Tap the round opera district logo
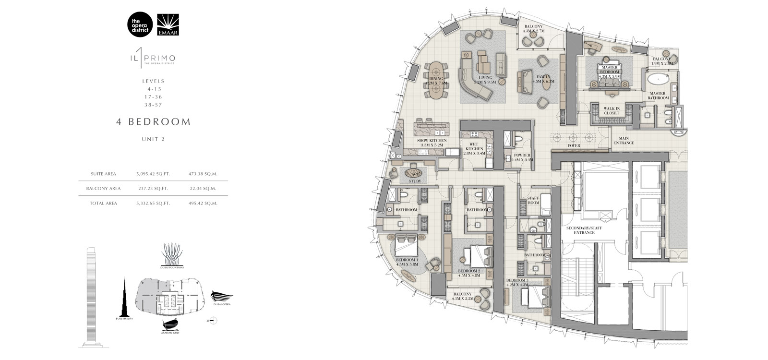point(140,24)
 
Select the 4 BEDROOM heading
point(153,122)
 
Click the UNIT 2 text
point(153,139)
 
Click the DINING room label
point(436,81)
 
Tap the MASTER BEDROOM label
point(610,72)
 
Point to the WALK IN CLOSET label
point(612,111)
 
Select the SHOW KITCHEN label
point(432,143)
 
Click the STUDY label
point(415,181)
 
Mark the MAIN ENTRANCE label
point(624,141)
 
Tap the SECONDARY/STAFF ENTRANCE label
point(584,230)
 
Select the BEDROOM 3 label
point(517,282)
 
